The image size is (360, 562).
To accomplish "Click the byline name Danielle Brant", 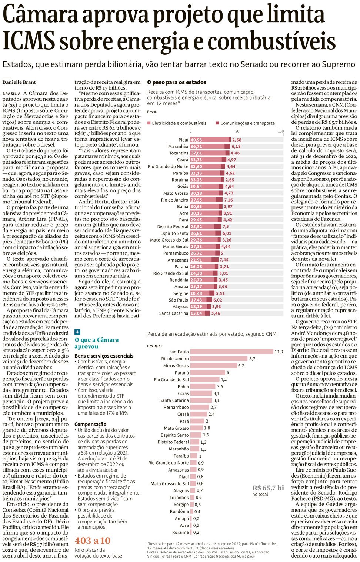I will coord(19,82).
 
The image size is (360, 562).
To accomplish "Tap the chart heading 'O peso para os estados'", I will coord(177,82).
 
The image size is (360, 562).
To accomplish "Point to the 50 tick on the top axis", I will coord(237,131).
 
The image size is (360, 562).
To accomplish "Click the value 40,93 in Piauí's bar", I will coord(196,140).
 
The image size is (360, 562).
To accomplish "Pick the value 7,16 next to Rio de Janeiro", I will coord(229,200).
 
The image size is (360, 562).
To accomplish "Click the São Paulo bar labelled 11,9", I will coord(231,352).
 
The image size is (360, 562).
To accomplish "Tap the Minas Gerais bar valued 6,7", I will coord(213,366).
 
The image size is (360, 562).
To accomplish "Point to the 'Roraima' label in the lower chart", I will coord(180,532).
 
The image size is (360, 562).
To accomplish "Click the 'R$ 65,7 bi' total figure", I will coord(268,488).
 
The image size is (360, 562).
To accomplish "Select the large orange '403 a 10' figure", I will coord(93,541).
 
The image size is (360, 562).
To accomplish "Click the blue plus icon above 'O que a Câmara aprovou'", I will coord(77,332).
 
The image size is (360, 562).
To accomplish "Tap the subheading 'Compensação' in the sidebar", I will coord(90,424).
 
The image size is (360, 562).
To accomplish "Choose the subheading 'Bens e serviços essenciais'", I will coord(104,356).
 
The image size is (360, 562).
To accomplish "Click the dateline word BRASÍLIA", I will coord(11,94).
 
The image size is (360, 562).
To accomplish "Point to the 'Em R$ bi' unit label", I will coord(154,346).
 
